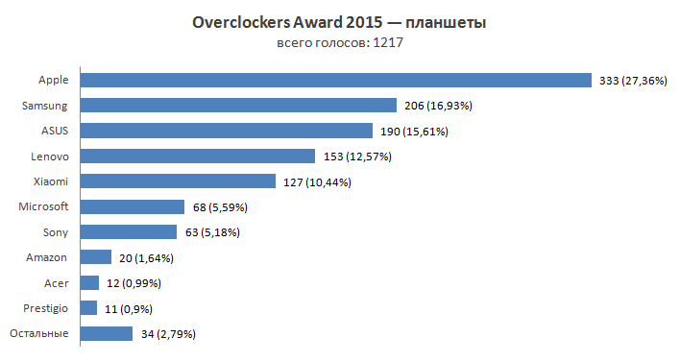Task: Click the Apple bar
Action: click(335, 80)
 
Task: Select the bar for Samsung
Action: click(238, 105)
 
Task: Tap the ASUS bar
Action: click(227, 131)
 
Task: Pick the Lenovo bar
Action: click(198, 156)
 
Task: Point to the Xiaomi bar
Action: click(179, 181)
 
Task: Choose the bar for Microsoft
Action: click(133, 206)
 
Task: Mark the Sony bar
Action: click(129, 231)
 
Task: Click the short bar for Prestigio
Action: click(89, 308)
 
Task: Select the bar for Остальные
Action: click(107, 333)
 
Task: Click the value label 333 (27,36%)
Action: click(635, 81)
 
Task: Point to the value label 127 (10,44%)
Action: click(316, 181)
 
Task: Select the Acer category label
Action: click(56, 282)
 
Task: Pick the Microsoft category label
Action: click(44, 206)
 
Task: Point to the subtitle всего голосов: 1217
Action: click(339, 43)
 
